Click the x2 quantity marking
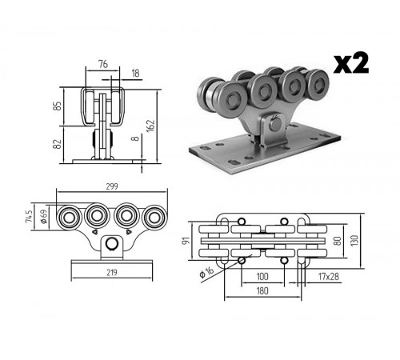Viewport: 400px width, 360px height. click(x=351, y=63)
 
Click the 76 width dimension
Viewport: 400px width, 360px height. click(x=103, y=64)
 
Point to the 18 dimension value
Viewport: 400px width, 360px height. click(x=135, y=74)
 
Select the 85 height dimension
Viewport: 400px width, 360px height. click(x=58, y=106)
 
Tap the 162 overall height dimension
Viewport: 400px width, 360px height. click(x=150, y=126)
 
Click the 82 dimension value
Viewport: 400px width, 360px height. click(x=58, y=144)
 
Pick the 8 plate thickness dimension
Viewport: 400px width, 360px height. click(x=136, y=138)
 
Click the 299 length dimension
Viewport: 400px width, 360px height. click(x=112, y=186)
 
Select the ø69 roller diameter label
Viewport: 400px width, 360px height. click(x=44, y=216)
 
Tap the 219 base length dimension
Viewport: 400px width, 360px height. click(x=112, y=273)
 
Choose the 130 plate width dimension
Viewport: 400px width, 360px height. click(x=355, y=241)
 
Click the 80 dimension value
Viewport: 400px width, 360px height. click(x=338, y=241)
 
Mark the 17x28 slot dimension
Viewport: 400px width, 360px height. click(x=329, y=277)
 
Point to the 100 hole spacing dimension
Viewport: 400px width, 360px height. click(x=262, y=277)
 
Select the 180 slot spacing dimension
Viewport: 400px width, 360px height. click(x=262, y=290)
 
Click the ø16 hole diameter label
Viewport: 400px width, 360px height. click(x=207, y=272)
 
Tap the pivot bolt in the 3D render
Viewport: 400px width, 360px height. click(x=275, y=124)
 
